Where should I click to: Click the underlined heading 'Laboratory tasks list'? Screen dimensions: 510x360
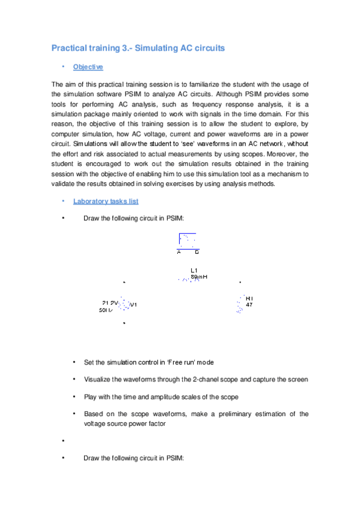[106, 201]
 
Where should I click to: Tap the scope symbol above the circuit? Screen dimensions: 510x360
[187, 241]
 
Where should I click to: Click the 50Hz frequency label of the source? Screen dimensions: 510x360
[106, 311]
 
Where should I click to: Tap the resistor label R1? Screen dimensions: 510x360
[249, 298]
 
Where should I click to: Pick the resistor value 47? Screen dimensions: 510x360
[249, 305]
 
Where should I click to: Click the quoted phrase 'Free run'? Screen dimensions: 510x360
[178, 363]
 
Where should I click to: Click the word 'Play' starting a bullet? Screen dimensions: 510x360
[90, 397]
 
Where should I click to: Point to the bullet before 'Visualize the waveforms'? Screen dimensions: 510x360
[73, 379]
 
